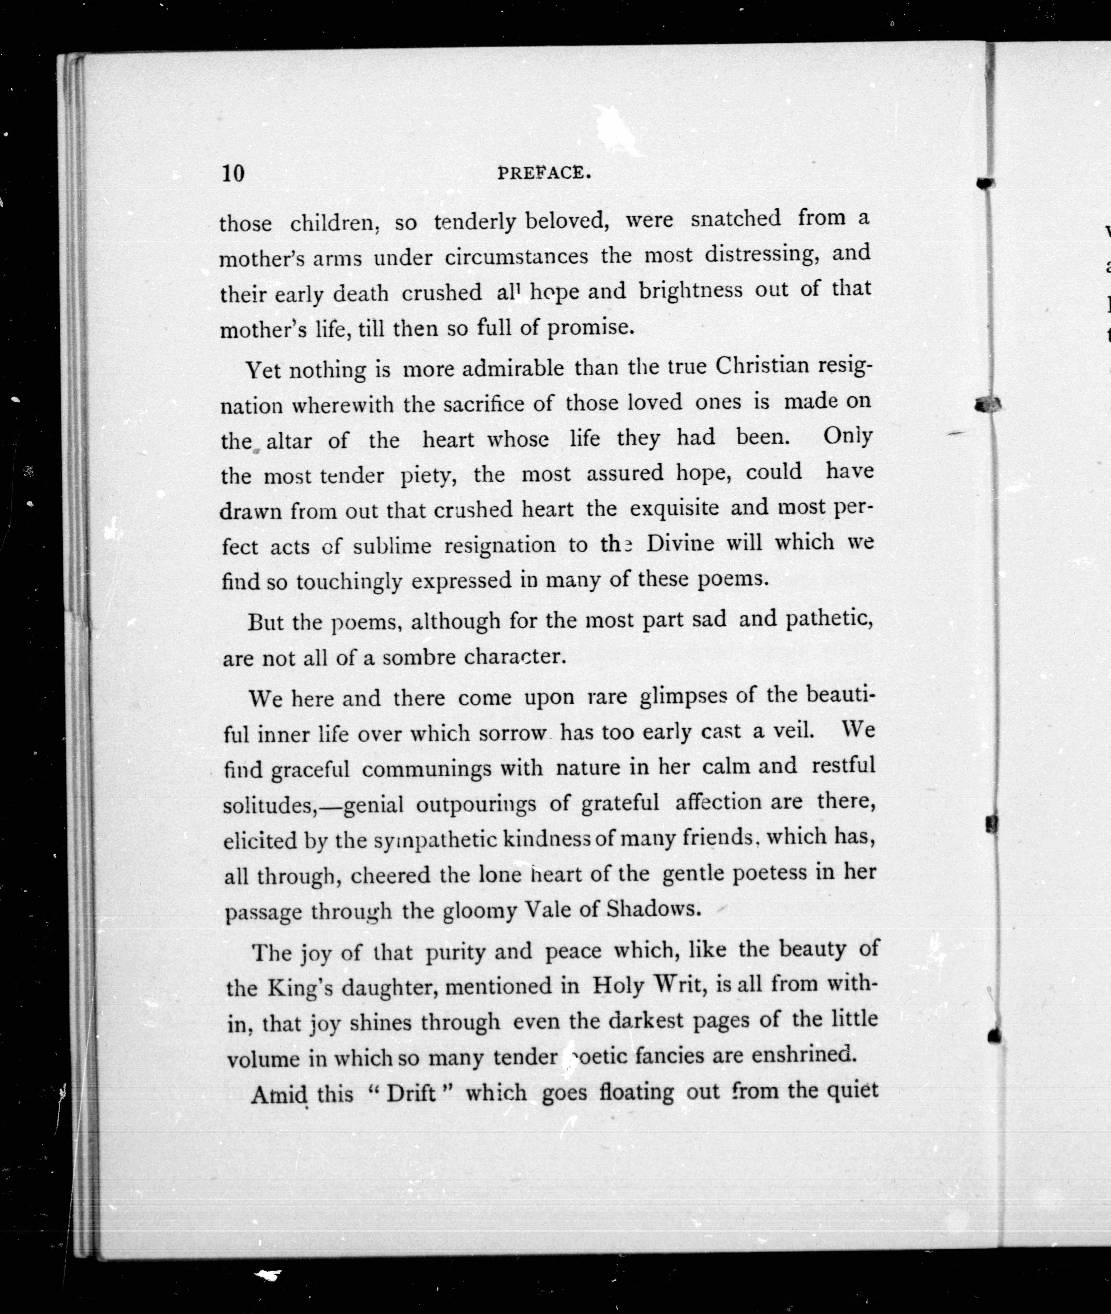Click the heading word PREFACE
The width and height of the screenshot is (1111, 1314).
(x=544, y=173)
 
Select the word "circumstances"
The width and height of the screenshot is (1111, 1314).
(x=517, y=257)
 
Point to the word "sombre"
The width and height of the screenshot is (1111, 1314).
(x=419, y=657)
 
